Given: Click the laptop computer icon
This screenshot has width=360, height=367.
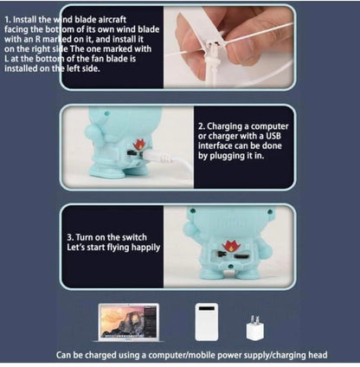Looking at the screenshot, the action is (x=128, y=322).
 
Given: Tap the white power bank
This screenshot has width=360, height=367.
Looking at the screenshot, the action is (x=206, y=322).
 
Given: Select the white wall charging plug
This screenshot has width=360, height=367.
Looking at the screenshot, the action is (x=255, y=329).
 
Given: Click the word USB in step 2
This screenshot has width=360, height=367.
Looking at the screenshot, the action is (x=273, y=136).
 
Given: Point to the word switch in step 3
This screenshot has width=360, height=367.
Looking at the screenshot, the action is (x=134, y=237).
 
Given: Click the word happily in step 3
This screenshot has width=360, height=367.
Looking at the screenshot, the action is (x=145, y=248).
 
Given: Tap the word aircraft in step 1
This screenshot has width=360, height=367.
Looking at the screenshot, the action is (x=112, y=20).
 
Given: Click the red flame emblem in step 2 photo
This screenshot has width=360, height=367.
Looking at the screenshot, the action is (x=139, y=145).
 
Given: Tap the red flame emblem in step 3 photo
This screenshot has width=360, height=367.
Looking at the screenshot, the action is (x=231, y=245).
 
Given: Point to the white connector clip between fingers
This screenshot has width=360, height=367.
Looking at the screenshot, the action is (x=214, y=46).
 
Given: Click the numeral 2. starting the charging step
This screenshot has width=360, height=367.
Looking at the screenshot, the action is (x=202, y=126).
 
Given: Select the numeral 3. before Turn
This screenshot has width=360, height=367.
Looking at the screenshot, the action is (x=70, y=237).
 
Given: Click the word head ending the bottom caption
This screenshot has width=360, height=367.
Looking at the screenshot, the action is (x=318, y=355).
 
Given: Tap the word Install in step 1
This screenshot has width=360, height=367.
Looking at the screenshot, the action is (x=24, y=20).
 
